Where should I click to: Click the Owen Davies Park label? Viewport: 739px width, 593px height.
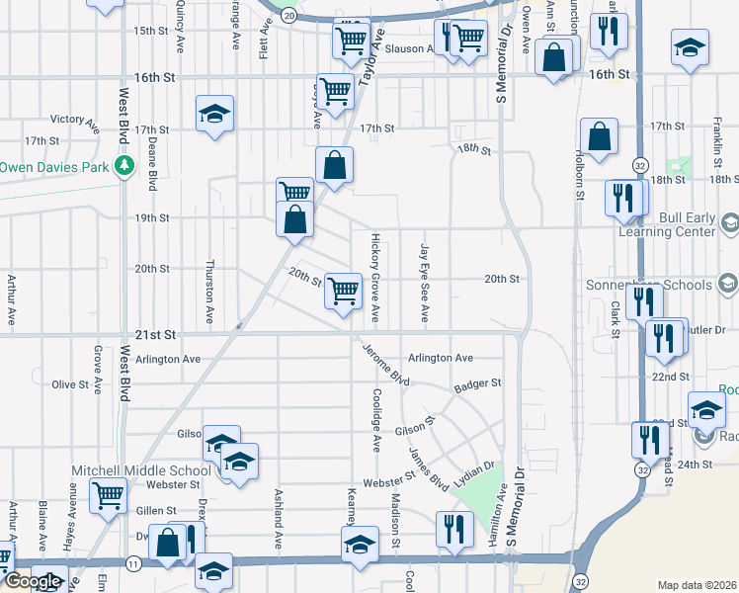[54, 167]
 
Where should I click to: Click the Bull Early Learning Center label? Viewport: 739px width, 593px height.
[666, 224]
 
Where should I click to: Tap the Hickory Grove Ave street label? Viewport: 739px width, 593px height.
[374, 278]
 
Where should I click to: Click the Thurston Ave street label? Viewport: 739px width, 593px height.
[208, 293]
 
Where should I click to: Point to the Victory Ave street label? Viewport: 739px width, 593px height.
[75, 122]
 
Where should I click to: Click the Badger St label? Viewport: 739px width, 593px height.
[478, 383]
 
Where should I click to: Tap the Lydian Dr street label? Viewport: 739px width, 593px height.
[473, 472]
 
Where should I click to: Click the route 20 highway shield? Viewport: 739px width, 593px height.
[287, 16]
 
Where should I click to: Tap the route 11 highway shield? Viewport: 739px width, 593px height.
[133, 562]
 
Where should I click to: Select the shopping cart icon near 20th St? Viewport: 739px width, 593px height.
[343, 291]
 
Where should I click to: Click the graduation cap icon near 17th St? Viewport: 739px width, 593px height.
[214, 114]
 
